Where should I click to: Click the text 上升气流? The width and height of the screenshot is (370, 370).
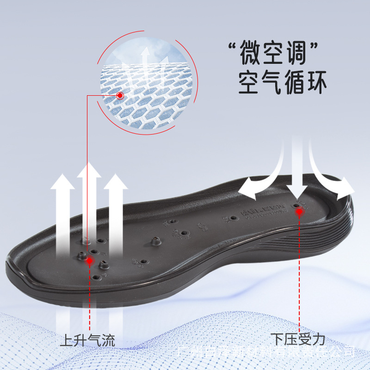[87, 341]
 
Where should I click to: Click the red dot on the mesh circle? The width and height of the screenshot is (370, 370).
[120, 96]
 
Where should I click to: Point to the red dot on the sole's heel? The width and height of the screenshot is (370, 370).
[299, 212]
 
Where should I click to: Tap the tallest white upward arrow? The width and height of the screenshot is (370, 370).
[89, 203]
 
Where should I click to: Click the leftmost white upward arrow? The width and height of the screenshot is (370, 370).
[62, 213]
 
